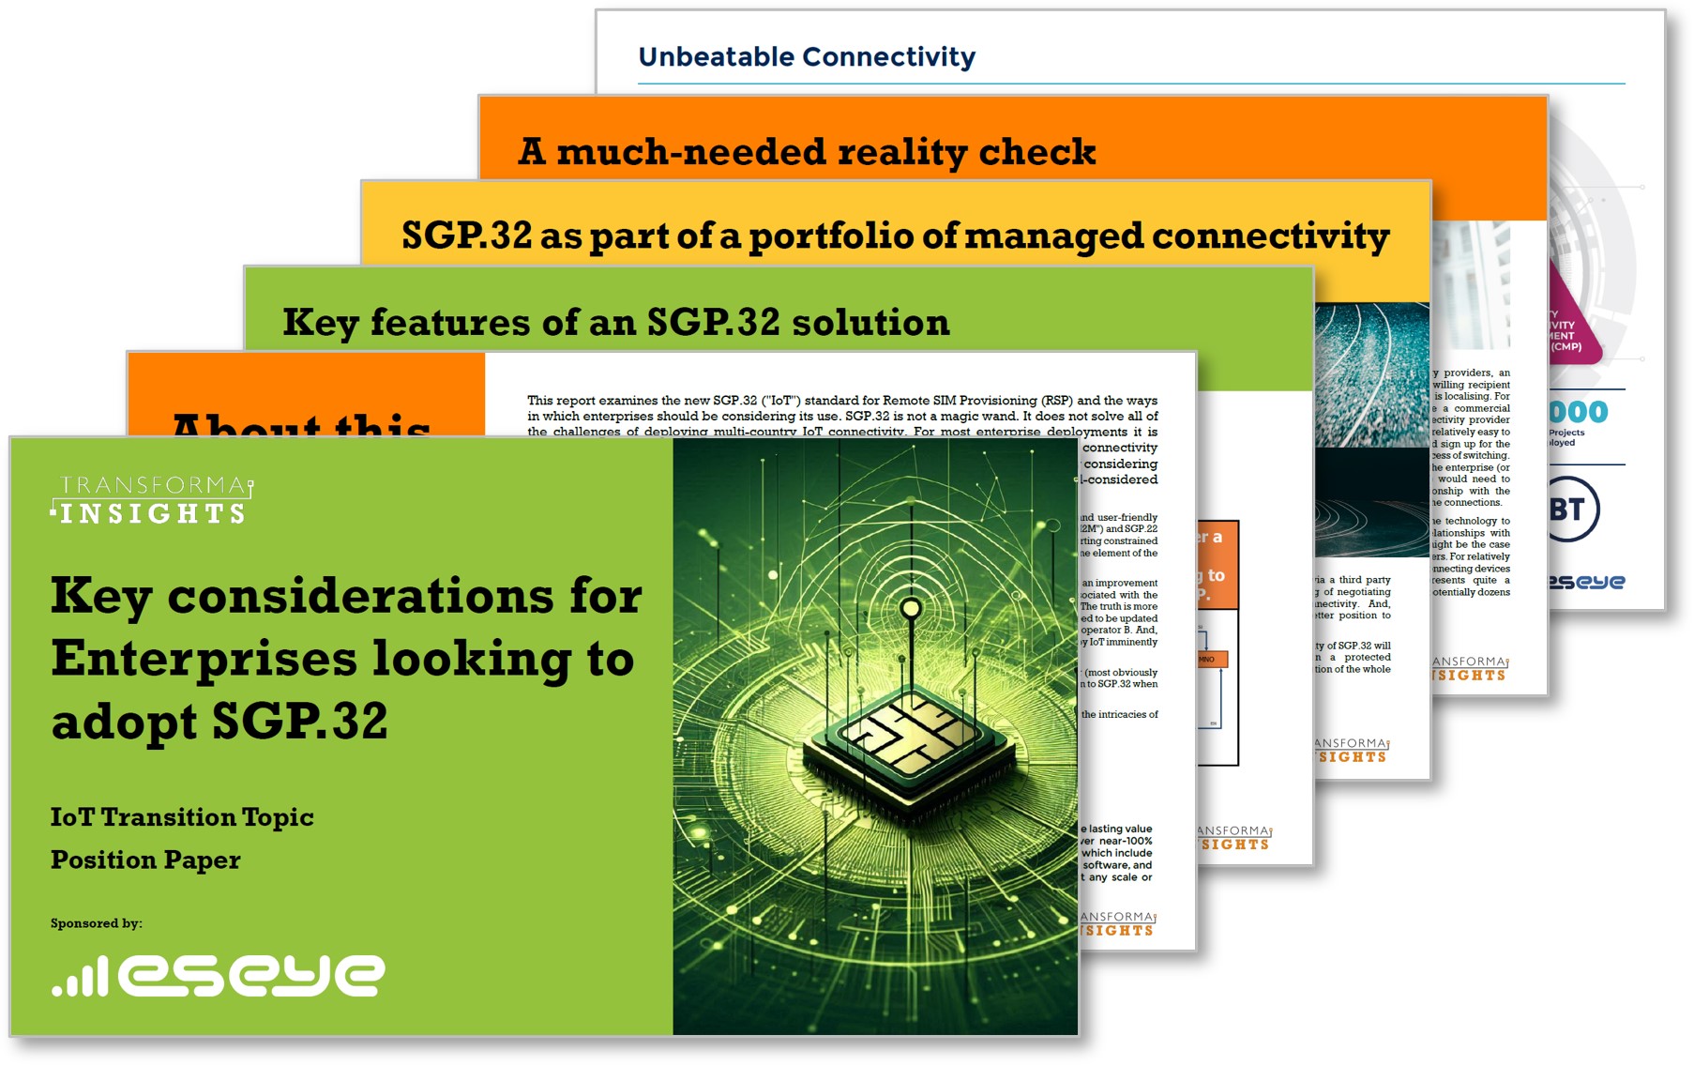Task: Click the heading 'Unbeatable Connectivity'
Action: (x=807, y=57)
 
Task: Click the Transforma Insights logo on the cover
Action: (x=152, y=500)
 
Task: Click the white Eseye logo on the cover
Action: (x=219, y=976)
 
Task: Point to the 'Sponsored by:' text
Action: (x=97, y=923)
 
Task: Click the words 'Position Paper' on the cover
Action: (x=145, y=860)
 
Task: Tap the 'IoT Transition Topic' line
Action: (x=182, y=817)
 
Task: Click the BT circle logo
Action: (x=1569, y=510)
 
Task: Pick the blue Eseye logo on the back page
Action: (x=1586, y=582)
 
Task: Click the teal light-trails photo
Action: (x=1370, y=375)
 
